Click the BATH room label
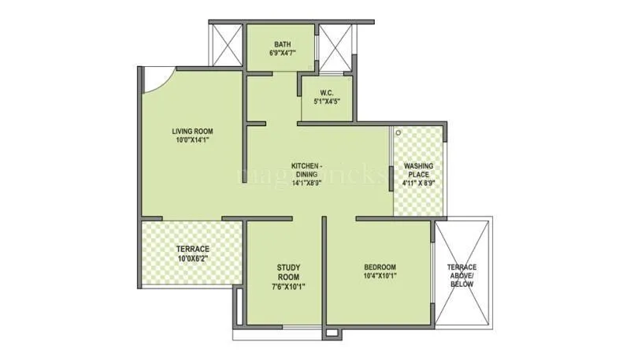point(283,44)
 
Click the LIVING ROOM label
point(193,132)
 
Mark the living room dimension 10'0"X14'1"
point(193,141)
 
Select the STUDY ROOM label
point(288,273)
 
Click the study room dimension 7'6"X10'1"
point(288,286)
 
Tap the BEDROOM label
point(380,267)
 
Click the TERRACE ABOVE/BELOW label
point(461,275)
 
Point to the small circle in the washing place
point(399,132)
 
